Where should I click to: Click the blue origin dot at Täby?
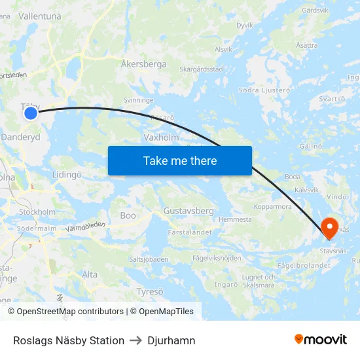[31, 113]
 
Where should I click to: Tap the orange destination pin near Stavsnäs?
[330, 226]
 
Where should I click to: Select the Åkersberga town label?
[144, 65]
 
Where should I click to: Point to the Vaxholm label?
[160, 138]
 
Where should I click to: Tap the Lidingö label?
[67, 175]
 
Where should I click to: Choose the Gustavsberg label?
[189, 211]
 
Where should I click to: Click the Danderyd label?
[21, 137]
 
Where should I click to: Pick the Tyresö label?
[150, 291]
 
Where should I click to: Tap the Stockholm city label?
[37, 212]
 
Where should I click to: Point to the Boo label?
[128, 215]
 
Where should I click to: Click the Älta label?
[90, 274]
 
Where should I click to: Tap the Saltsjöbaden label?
[149, 259]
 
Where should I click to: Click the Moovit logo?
[320, 340]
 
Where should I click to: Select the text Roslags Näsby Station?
[69, 340]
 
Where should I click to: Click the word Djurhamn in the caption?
[171, 340]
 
